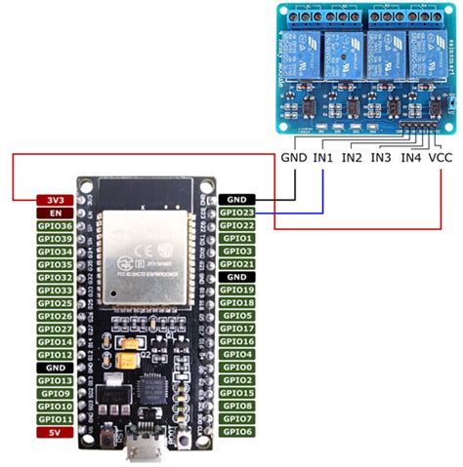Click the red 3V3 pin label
point(55,200)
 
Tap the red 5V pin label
point(55,431)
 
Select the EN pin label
point(55,213)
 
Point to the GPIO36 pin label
point(55,226)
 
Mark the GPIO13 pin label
point(55,380)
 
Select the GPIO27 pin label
point(55,329)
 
